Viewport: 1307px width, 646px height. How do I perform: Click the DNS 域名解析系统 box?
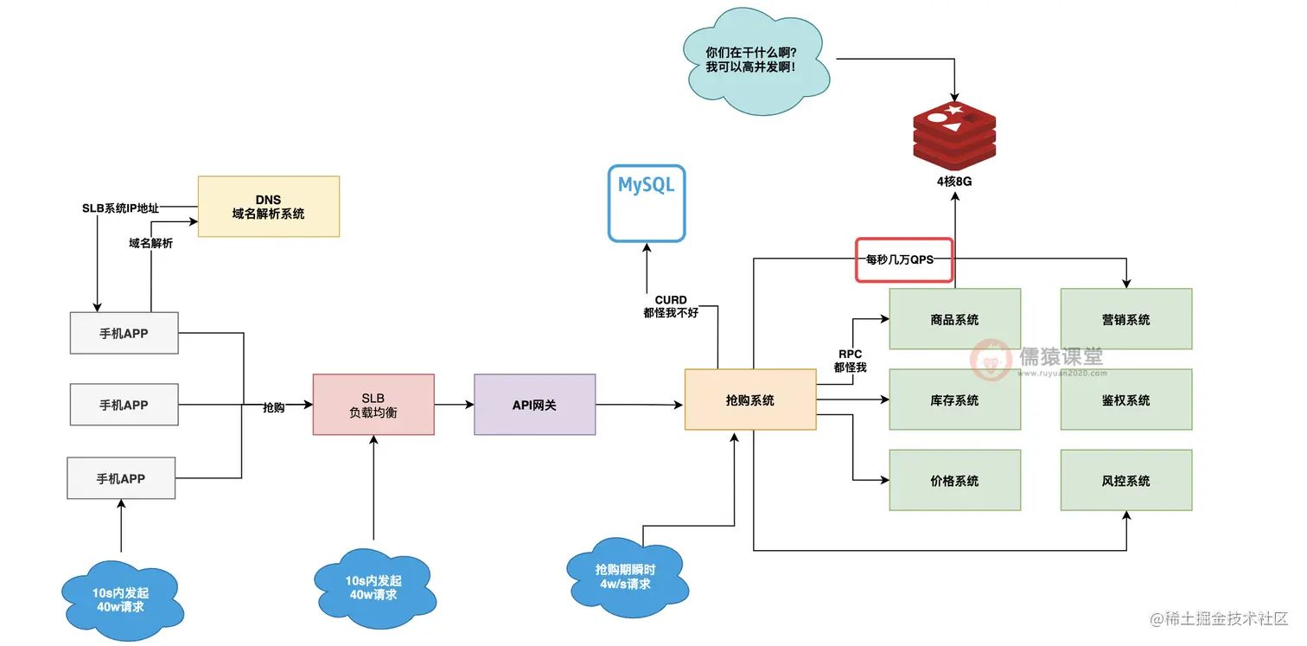click(268, 206)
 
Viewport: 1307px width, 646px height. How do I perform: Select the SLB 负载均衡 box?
click(373, 404)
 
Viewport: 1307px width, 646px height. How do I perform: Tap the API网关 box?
click(534, 404)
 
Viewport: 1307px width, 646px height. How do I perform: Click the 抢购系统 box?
click(749, 400)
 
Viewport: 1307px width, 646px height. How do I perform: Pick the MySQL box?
click(646, 202)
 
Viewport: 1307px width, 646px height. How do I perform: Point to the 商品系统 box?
click(954, 319)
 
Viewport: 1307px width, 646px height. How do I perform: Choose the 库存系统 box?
click(954, 400)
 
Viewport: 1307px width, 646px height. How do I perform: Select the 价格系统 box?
click(954, 481)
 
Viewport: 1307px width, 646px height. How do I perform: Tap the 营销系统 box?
click(1125, 319)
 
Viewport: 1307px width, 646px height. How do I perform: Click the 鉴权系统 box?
click(1125, 400)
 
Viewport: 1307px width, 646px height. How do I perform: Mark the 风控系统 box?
click(1125, 481)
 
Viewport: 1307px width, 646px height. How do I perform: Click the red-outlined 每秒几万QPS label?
click(903, 259)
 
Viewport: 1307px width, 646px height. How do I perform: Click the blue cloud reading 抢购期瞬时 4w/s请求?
click(625, 577)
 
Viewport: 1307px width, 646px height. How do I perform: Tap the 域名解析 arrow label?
click(150, 243)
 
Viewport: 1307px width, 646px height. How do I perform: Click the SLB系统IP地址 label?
click(121, 208)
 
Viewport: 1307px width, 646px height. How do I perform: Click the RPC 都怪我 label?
click(850, 361)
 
